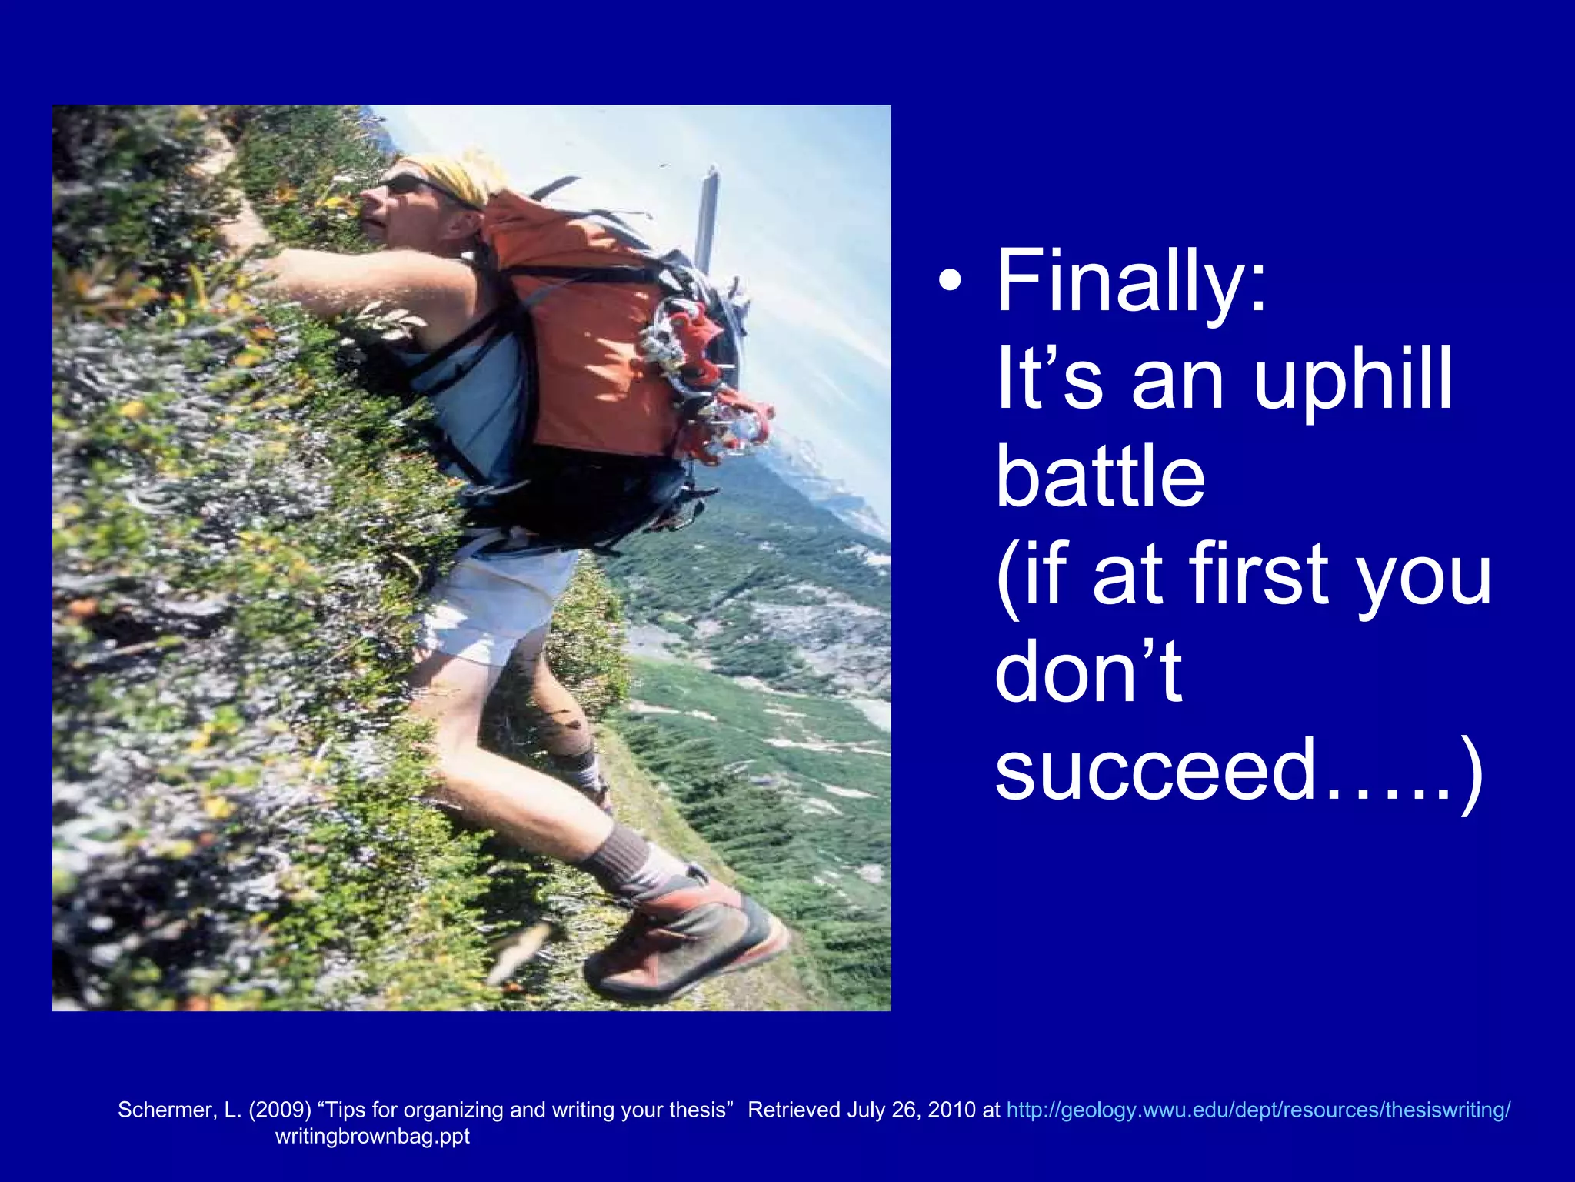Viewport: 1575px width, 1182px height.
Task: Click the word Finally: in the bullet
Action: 1130,282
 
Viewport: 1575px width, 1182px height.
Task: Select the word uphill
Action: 1354,380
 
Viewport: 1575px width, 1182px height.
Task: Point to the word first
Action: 1261,575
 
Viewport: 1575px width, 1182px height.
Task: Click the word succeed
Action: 1154,770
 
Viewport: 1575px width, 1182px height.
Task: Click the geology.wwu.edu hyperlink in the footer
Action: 1258,1110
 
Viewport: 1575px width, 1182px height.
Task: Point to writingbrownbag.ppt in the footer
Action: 372,1136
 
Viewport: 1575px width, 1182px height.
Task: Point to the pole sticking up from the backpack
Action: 706,215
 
